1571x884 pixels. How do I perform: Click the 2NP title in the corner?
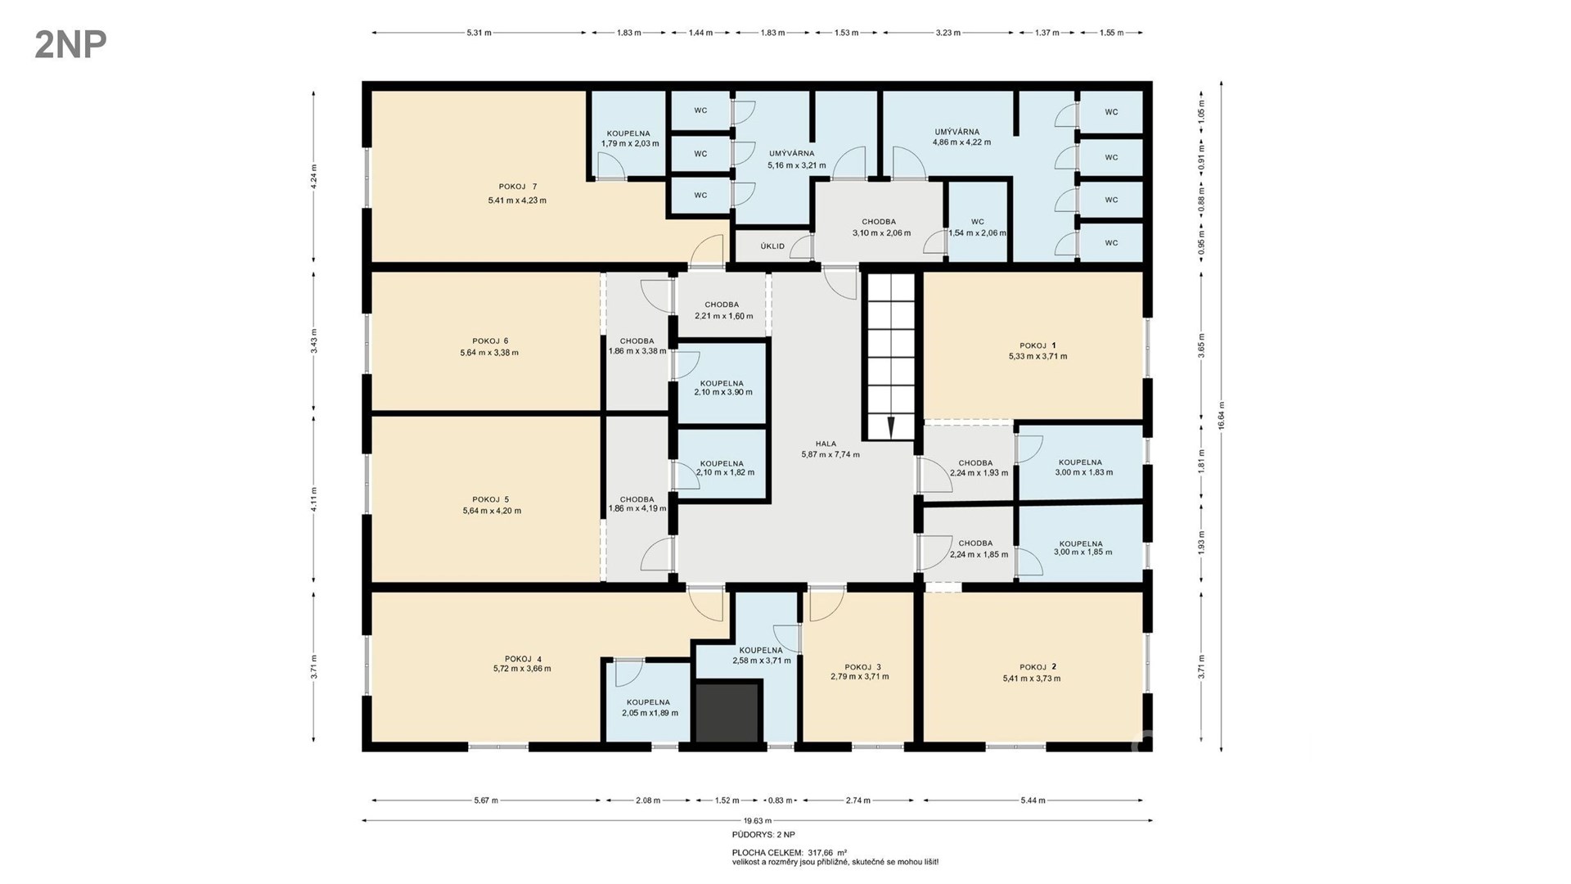70,45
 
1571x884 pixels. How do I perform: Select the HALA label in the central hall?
826,444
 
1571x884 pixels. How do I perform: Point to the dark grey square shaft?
727,712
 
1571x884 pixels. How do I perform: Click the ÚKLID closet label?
772,246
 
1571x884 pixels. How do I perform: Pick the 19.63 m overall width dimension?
758,820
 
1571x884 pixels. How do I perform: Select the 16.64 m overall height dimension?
1221,416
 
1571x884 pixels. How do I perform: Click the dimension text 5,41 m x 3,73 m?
1031,679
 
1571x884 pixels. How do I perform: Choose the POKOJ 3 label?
862,667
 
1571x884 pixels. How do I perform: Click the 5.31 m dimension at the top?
479,33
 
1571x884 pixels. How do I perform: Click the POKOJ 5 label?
491,499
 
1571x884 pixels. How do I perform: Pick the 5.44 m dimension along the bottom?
1033,801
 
